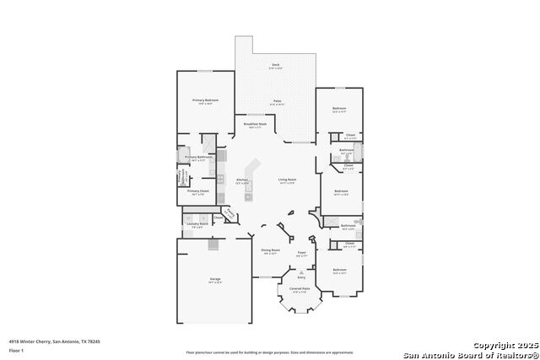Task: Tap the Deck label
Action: coord(276,65)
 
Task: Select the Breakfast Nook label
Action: coord(255,124)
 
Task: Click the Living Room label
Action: coord(287,180)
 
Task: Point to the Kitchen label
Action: coord(242,180)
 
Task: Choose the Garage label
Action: coord(215,279)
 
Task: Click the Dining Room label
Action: coord(269,250)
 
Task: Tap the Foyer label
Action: coord(301,250)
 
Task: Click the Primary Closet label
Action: coord(197,191)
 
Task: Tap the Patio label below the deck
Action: coord(277,102)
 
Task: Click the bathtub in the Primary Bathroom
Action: coord(181,176)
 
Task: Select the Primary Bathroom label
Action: coord(199,157)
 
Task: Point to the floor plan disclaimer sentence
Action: coord(270,352)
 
